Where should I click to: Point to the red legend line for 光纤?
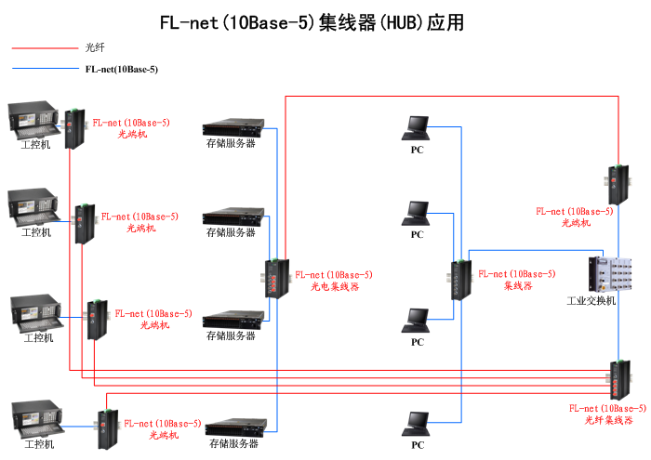[45, 46]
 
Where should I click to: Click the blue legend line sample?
[45, 69]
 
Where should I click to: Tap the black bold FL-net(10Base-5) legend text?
[121, 69]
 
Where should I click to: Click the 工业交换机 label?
[591, 301]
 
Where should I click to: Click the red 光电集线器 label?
[334, 287]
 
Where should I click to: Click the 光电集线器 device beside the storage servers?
[275, 278]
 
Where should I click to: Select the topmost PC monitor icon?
[417, 125]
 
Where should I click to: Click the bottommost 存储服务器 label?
[232, 444]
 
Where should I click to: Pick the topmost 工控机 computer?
[34, 120]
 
